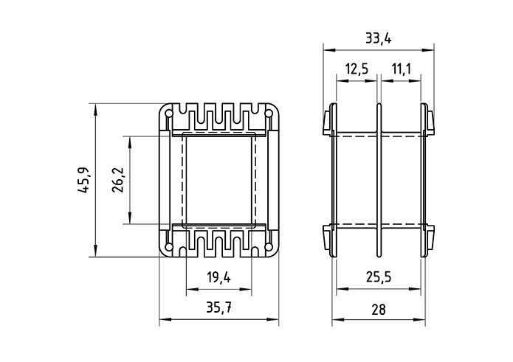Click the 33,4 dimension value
(378, 38)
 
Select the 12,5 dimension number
(356, 69)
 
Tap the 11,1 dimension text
(402, 69)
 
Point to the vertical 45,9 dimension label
(85, 181)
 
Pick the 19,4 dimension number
(218, 278)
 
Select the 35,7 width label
(219, 309)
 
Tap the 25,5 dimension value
(379, 278)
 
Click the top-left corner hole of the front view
(170, 115)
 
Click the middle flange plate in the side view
(379, 181)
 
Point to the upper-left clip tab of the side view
(327, 122)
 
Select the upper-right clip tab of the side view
(430, 122)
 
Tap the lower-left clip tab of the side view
(327, 240)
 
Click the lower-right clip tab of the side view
(430, 240)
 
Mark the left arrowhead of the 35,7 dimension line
(164, 320)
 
